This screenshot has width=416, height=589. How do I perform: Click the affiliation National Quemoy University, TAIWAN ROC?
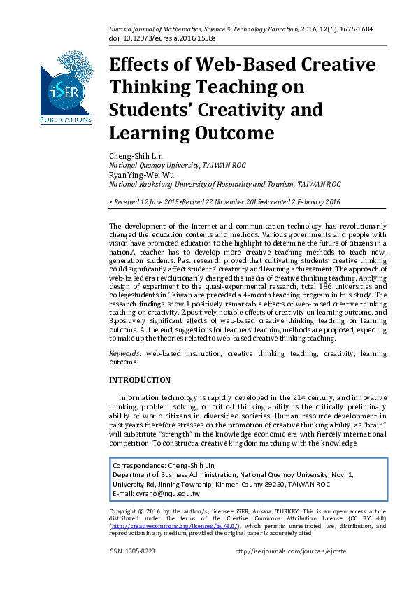[168, 166]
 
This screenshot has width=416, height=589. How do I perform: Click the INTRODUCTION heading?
[140, 381]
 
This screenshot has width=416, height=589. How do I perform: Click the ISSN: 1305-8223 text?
[132, 551]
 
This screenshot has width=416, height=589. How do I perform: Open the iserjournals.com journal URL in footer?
[291, 551]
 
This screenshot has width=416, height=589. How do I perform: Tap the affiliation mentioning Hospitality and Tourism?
[224, 185]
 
